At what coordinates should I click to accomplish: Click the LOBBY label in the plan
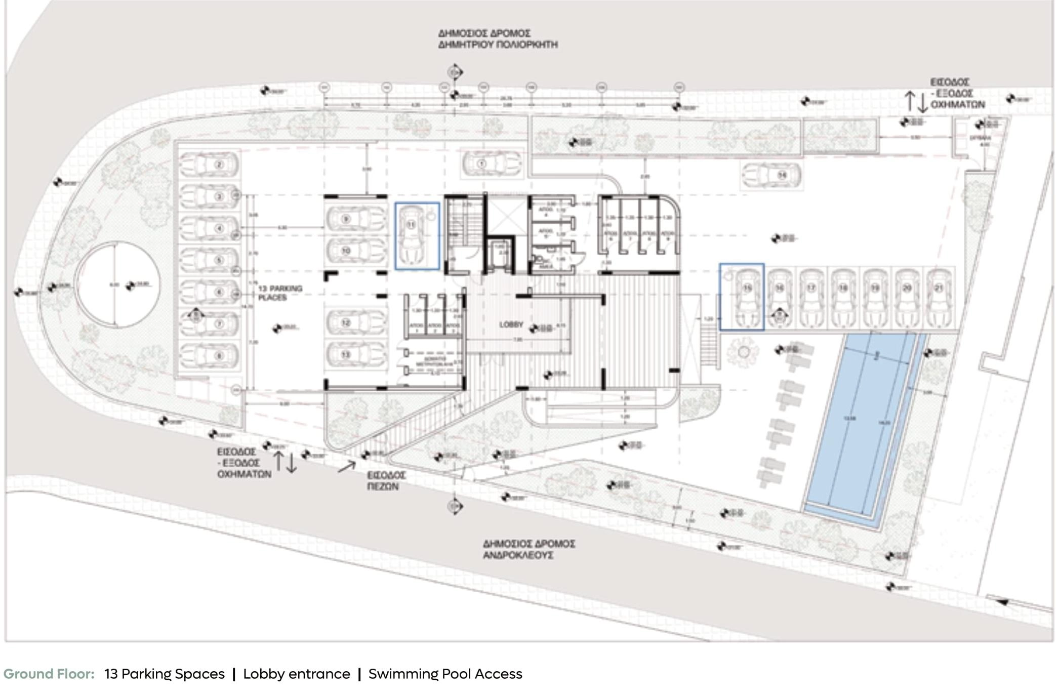[x=510, y=324]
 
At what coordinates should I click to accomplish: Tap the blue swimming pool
[x=861, y=425]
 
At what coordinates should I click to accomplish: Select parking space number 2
[x=209, y=165]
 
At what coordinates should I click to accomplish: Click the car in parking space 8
[x=209, y=356]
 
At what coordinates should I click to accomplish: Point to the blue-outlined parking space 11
[x=417, y=236]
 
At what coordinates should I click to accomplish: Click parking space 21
[x=939, y=298]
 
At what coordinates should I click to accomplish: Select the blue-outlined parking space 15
[x=742, y=297]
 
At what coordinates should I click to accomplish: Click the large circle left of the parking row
[x=117, y=284]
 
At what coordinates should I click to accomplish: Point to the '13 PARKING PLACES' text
[x=280, y=293]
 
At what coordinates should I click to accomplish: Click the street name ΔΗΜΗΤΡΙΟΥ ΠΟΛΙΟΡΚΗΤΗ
[x=498, y=45]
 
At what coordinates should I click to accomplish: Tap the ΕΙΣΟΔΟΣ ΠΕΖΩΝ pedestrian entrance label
[x=386, y=481]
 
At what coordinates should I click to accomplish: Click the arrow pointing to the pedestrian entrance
[x=347, y=466]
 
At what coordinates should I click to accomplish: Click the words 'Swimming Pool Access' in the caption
[x=445, y=674]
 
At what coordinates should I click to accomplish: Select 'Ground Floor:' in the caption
[x=49, y=674]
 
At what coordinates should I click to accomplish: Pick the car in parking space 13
[x=355, y=354]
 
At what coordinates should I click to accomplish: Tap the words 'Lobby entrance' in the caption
[x=296, y=674]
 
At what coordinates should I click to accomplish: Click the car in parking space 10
[x=355, y=251]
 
